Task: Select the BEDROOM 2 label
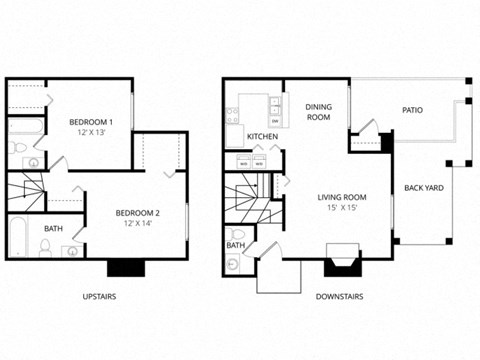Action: point(137,212)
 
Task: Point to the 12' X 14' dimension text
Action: point(137,223)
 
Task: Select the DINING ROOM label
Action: point(318,112)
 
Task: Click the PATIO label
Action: point(413,111)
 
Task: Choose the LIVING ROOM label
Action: point(342,197)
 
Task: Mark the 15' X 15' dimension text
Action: point(342,208)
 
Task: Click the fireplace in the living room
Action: point(340,265)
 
